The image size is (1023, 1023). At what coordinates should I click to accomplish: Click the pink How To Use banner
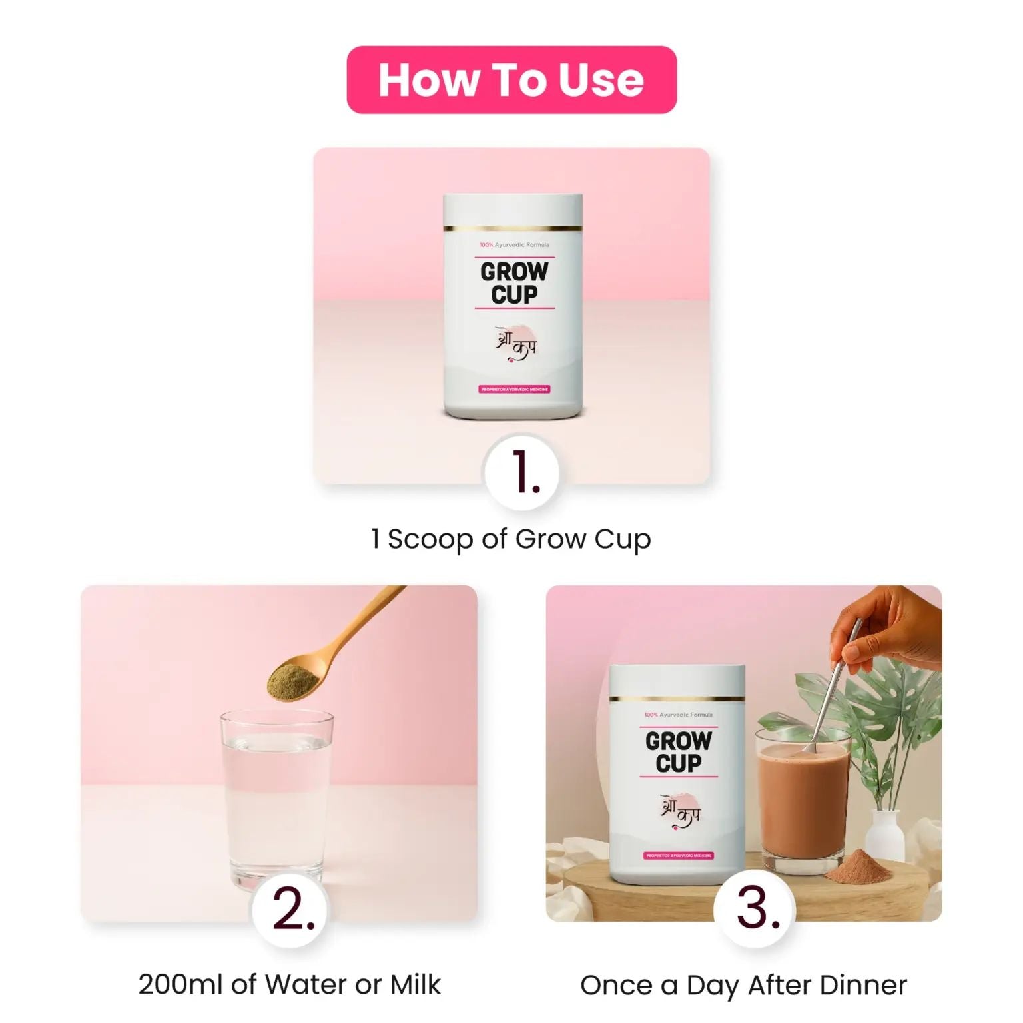511,80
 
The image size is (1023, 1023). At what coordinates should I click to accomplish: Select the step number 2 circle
291,910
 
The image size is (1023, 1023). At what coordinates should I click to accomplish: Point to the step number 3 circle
756,910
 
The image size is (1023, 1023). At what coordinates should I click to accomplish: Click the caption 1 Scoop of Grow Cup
511,539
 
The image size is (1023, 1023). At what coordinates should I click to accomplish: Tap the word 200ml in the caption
180,984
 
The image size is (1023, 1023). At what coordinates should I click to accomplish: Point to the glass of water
276,799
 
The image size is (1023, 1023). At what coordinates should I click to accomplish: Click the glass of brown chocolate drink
803,806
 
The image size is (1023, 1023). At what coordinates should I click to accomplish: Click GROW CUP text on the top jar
514,283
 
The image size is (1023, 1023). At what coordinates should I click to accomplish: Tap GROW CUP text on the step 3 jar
678,752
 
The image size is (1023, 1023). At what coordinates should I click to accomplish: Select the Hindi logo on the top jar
515,344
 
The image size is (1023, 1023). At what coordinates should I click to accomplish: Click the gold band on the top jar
513,228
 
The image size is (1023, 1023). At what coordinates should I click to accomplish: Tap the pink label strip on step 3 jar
679,855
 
